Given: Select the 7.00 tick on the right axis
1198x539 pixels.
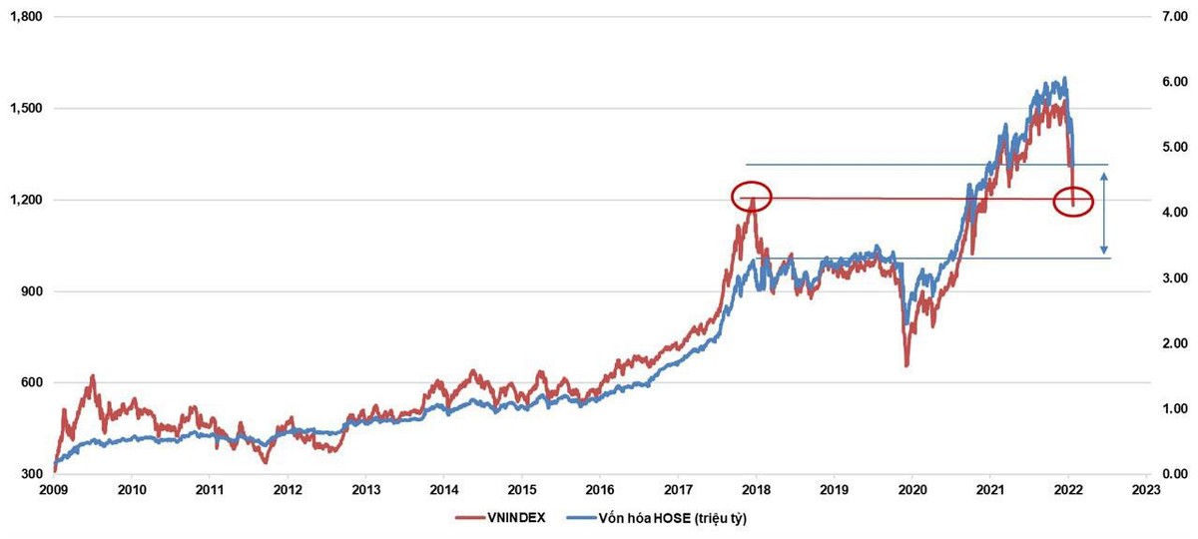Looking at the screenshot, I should click(x=1170, y=17).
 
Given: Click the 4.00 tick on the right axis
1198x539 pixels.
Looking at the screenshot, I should click(x=1170, y=213).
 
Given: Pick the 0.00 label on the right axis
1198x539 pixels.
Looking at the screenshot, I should click(x=1170, y=474).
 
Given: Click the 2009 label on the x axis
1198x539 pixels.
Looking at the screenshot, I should click(x=54, y=490).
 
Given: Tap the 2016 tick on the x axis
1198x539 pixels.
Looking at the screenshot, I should click(x=599, y=490).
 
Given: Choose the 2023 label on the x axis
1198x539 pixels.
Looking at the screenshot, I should click(x=1145, y=490).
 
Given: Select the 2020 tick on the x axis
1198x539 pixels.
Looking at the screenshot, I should click(x=910, y=490).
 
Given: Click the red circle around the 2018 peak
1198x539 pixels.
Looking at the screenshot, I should click(x=752, y=196).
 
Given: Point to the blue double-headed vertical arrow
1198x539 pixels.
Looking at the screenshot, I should click(x=1104, y=212).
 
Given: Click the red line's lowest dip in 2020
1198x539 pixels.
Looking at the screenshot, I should click(x=906, y=365).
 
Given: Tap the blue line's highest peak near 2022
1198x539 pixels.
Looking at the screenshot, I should click(x=1065, y=78).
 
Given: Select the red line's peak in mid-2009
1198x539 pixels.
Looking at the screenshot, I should click(x=93, y=376).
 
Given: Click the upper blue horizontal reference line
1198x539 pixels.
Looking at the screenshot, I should click(x=928, y=165).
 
